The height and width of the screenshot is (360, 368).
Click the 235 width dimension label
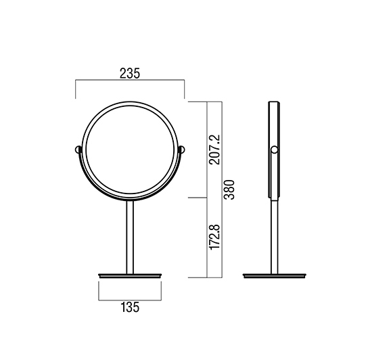tap(130, 73)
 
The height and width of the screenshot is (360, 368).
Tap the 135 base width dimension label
tap(130, 307)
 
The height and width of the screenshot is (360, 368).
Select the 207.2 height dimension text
tap(215, 150)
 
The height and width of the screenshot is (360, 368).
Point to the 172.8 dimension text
tap(215, 238)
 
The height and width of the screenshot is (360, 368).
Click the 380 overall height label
tap(229, 189)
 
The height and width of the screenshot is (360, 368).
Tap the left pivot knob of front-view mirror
tap(78, 150)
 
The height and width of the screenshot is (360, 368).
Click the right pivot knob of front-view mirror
tap(182, 150)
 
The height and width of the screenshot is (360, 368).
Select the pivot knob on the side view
tap(274, 150)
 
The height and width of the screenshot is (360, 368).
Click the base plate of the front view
tap(130, 275)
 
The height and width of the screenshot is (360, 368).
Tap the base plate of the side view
tap(275, 275)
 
